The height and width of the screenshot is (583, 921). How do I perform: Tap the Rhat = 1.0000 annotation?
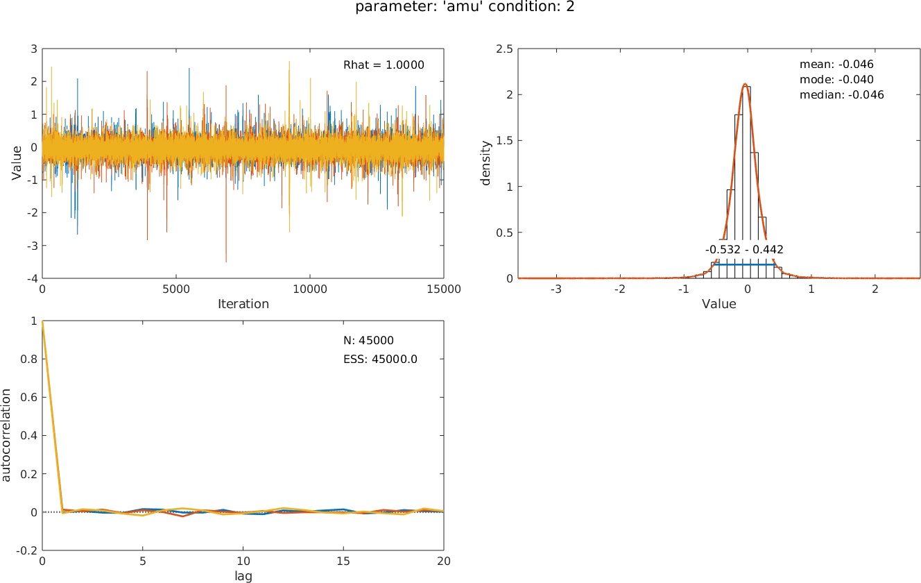click(384, 65)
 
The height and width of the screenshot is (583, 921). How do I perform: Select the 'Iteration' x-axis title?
click(243, 304)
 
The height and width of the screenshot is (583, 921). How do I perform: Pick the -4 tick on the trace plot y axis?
click(32, 278)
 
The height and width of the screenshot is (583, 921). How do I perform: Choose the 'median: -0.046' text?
click(841, 94)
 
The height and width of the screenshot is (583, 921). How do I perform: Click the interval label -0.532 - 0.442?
click(744, 249)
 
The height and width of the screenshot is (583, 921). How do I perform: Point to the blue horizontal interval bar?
click(744, 264)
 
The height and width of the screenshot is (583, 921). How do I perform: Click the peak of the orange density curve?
click(745, 85)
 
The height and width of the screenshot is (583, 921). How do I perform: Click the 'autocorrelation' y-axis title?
click(6, 435)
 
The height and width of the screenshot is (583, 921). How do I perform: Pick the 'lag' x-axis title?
click(243, 576)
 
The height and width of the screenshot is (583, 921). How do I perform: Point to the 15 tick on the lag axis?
click(343, 561)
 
